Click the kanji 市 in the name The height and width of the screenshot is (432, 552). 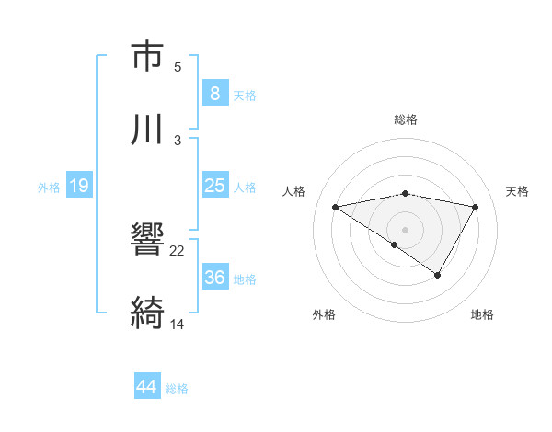(x=147, y=56)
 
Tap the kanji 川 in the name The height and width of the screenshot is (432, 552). (x=147, y=130)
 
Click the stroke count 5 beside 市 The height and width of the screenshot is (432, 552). (x=178, y=66)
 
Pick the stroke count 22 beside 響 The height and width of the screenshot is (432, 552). (x=178, y=250)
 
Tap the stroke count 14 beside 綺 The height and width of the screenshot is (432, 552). (x=178, y=324)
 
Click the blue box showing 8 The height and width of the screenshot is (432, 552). (x=214, y=94)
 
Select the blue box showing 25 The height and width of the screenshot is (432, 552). (x=214, y=186)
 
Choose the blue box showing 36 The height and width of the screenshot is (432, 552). (x=214, y=278)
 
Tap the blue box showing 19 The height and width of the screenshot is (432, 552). (x=78, y=186)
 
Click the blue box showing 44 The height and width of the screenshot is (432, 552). (x=146, y=387)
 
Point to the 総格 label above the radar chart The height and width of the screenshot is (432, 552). (x=406, y=119)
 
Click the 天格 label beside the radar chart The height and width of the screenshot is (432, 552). (x=518, y=191)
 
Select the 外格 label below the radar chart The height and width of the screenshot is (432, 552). (x=324, y=314)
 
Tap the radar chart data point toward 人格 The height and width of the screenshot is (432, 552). (x=336, y=207)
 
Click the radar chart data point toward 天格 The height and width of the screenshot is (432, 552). (x=476, y=207)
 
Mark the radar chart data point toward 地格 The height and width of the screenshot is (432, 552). (x=438, y=275)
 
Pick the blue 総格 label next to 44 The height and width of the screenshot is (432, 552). (x=177, y=389)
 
